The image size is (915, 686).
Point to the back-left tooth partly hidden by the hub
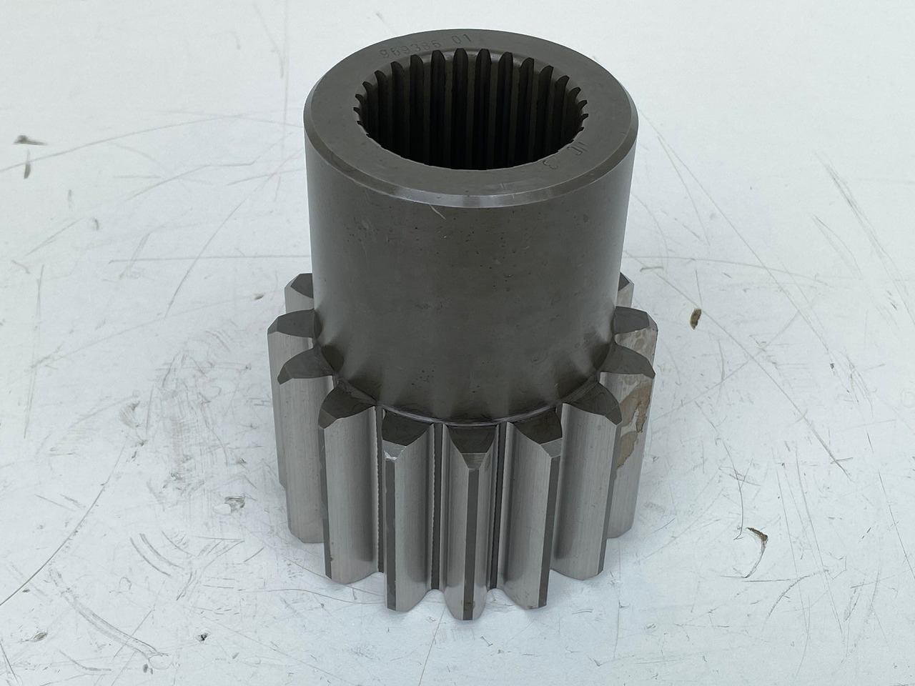point(297,293)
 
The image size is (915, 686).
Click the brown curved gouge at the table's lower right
point(756,532)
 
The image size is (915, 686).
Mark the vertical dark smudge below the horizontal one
point(26,169)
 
